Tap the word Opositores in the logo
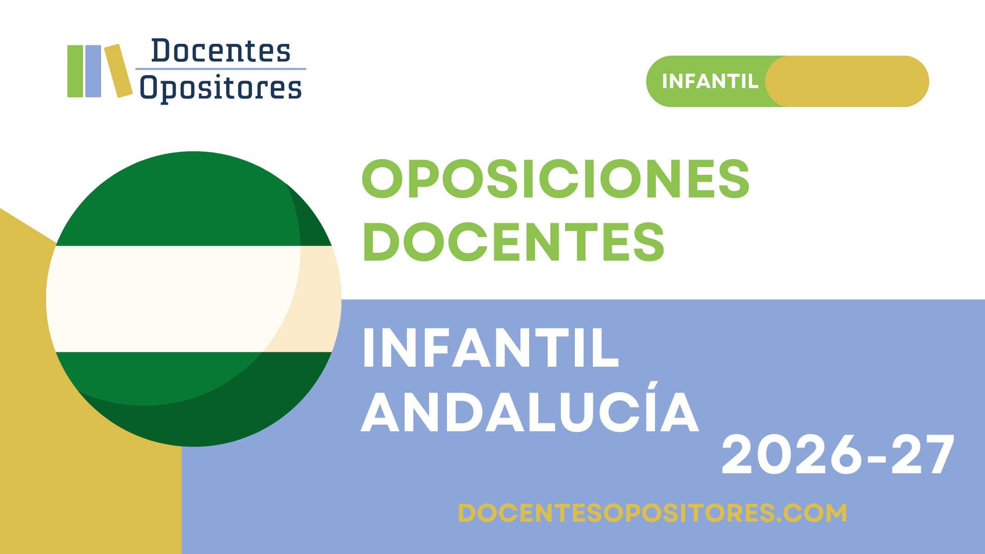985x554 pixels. click(221, 88)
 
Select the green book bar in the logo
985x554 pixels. click(75, 71)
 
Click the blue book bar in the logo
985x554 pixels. click(93, 71)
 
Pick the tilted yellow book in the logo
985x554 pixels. click(119, 71)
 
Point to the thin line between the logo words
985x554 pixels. click(221, 69)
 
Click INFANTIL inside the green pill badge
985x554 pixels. click(710, 82)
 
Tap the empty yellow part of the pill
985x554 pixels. click(847, 82)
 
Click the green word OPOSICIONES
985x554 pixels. click(555, 179)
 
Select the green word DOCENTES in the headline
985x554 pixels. click(513, 242)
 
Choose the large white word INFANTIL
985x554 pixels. click(490, 348)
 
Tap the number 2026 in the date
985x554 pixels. click(792, 455)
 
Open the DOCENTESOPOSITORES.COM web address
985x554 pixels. click(652, 513)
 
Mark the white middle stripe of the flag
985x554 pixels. click(194, 299)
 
